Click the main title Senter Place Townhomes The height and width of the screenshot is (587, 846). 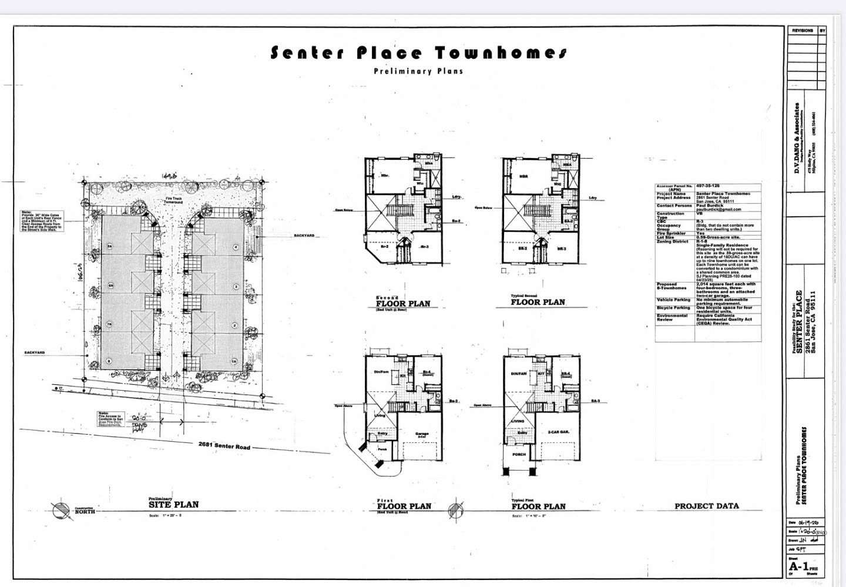(418, 53)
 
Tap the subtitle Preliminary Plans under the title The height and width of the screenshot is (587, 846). (418, 71)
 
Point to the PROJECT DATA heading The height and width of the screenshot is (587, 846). (706, 506)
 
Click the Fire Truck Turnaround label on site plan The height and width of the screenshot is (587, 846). (173, 200)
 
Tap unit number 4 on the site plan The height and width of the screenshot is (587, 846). (235, 247)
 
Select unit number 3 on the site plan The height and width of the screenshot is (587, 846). (235, 286)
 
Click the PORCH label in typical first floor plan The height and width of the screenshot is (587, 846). (519, 454)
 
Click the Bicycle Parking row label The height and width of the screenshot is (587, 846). (673, 307)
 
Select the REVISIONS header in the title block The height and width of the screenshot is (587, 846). (802, 30)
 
